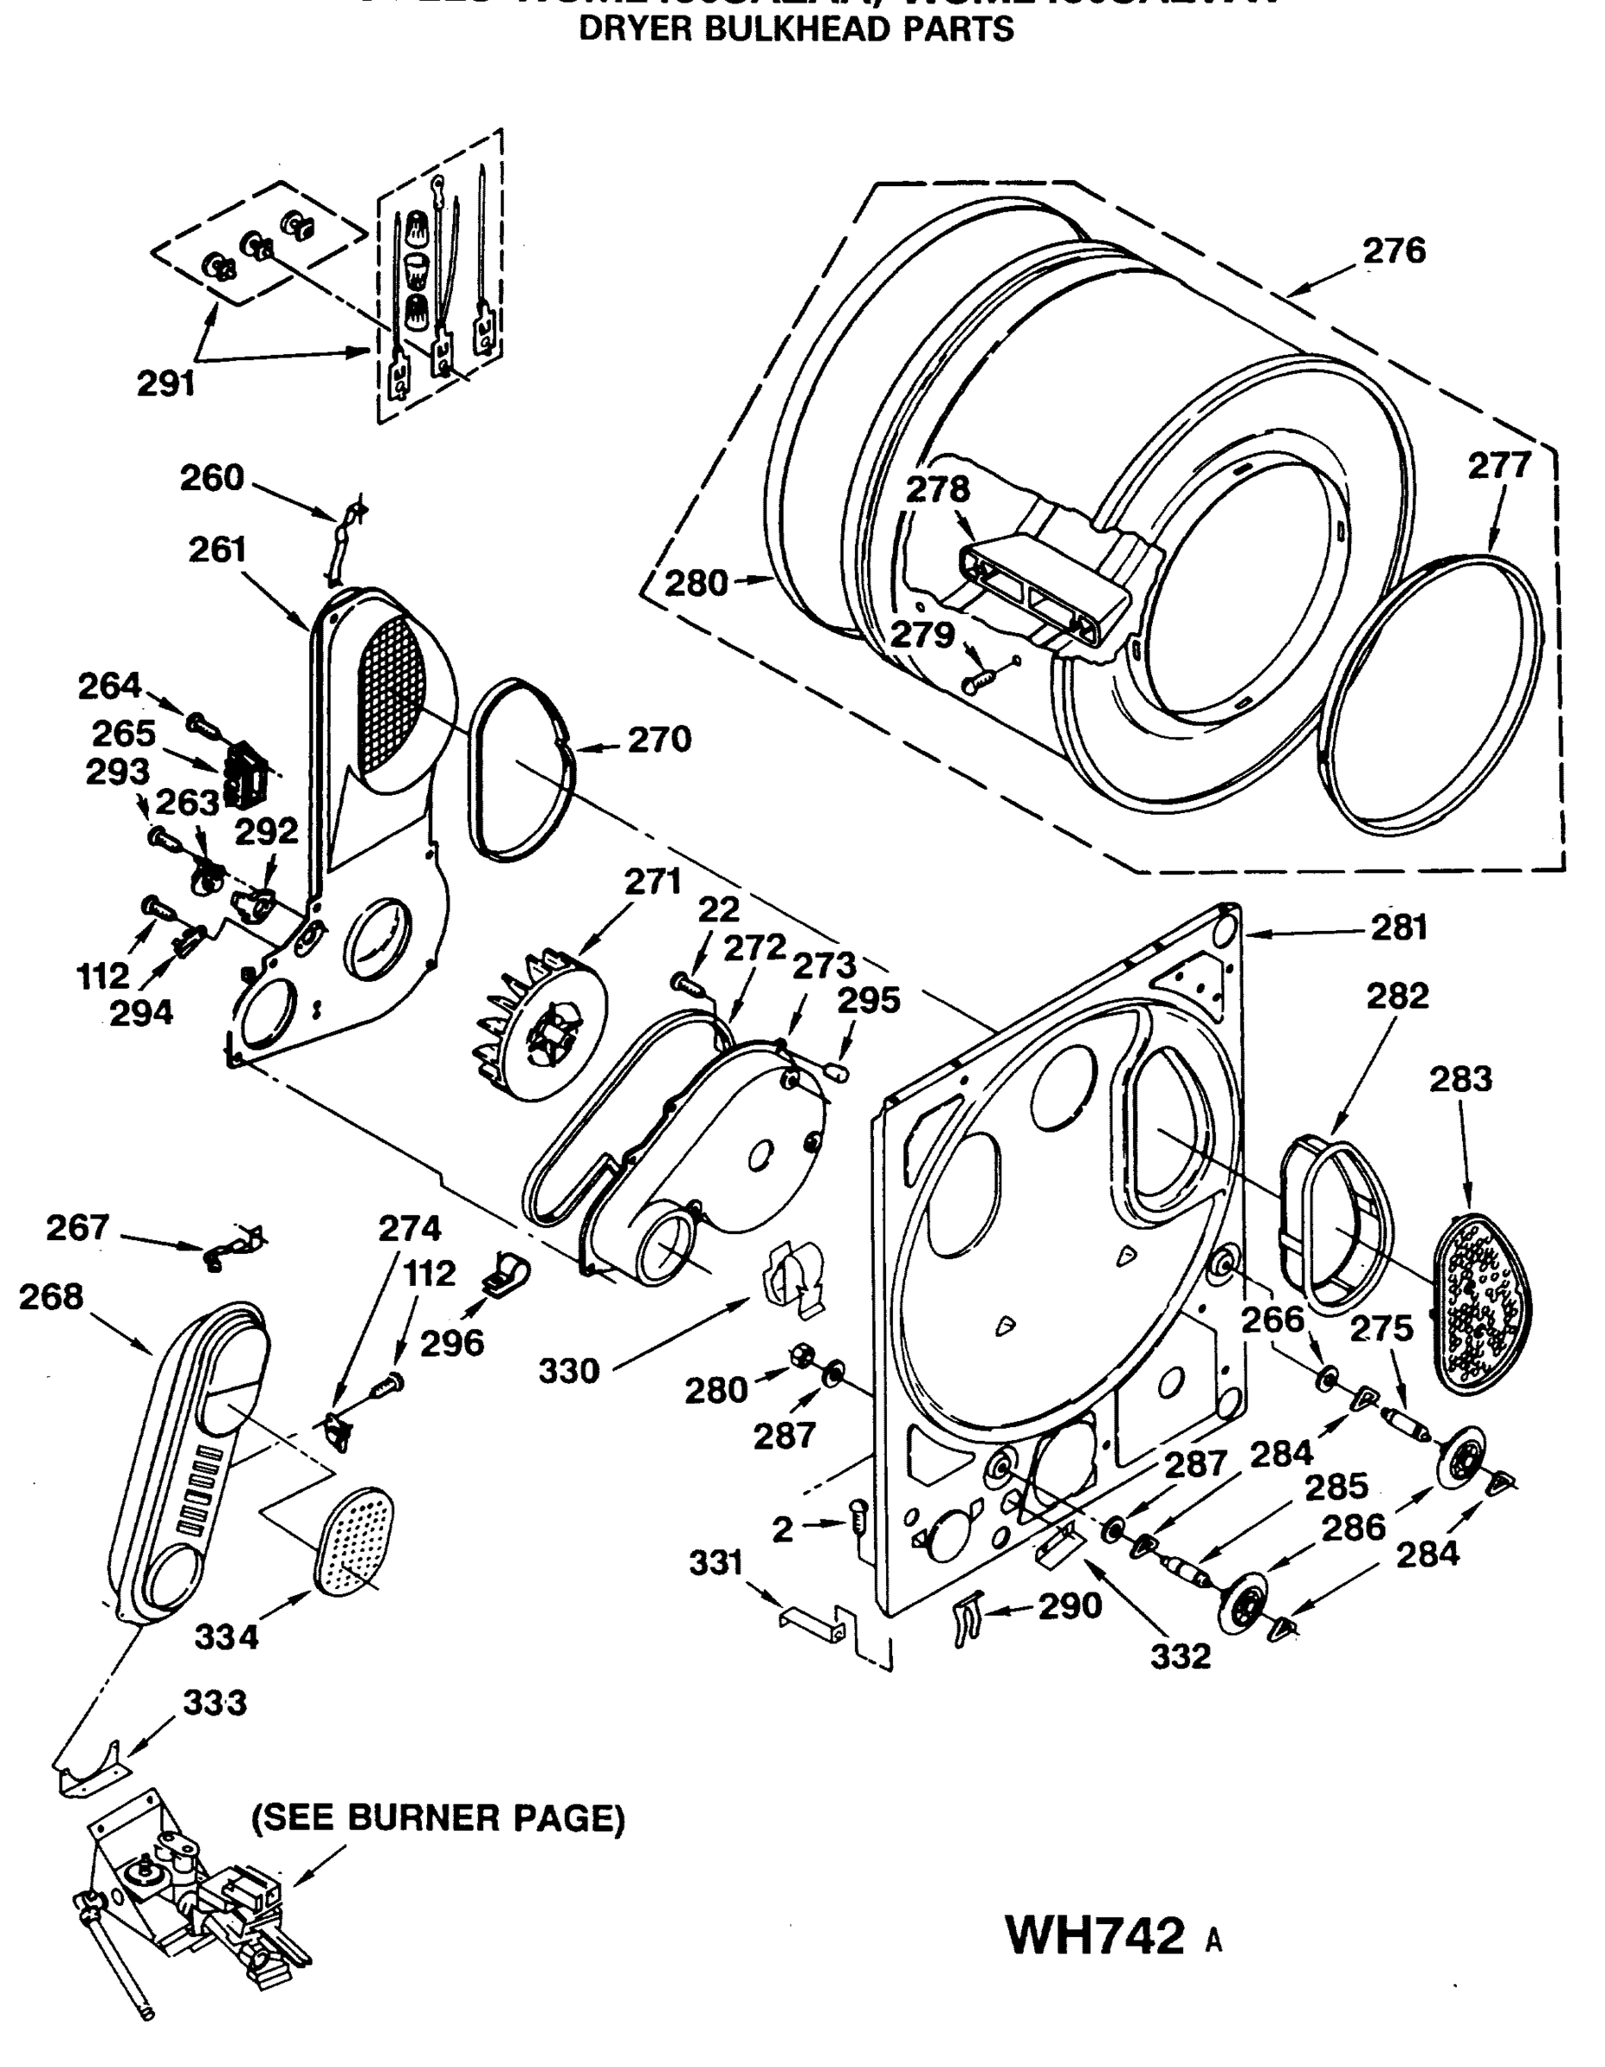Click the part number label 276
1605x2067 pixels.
coord(1393,251)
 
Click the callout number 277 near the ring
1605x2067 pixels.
coord(1499,466)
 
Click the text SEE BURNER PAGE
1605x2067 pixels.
coord(438,1818)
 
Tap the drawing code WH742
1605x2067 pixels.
coord(1095,1934)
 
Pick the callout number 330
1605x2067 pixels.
coord(569,1370)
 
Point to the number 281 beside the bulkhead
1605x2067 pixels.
coord(1398,928)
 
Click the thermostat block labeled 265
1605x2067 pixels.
coord(245,774)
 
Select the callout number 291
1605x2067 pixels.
coord(165,383)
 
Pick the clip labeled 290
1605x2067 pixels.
coord(967,1619)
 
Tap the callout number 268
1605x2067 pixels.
coord(50,1295)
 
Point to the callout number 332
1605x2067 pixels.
coord(1181,1655)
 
